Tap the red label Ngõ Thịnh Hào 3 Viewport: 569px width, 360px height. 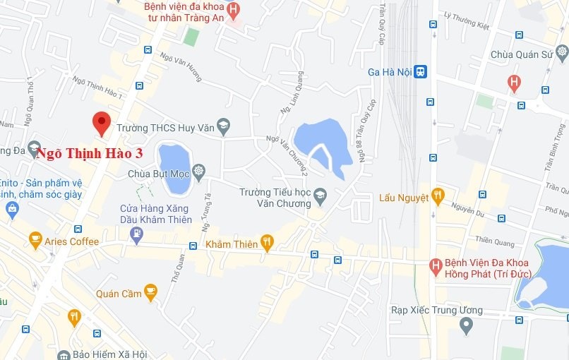tap(90, 153)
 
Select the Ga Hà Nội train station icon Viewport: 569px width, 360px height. tap(420, 72)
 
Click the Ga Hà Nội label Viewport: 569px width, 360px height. tap(389, 72)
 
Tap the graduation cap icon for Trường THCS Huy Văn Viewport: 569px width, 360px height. tap(224, 127)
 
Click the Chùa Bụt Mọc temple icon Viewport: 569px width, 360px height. tap(198, 172)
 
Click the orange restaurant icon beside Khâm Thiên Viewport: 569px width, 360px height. tap(267, 244)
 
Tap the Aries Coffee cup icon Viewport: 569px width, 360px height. tap(35, 241)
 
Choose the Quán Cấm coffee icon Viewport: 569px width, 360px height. tap(150, 292)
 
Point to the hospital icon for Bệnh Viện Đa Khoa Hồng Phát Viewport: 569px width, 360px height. tap(436, 266)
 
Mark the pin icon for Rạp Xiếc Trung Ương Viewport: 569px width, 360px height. tap(465, 325)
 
